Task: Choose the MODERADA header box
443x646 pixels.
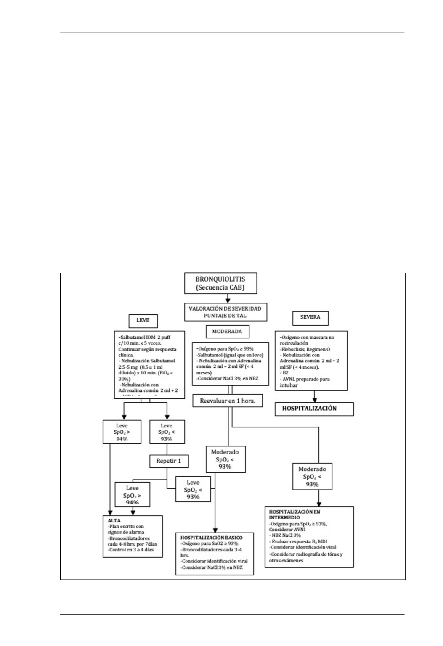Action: click(x=227, y=332)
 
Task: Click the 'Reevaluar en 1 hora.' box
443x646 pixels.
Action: click(x=228, y=401)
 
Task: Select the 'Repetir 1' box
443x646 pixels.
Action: click(x=168, y=461)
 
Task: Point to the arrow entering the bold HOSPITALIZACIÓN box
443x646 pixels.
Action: click(x=314, y=397)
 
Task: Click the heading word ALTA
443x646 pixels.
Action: click(x=114, y=520)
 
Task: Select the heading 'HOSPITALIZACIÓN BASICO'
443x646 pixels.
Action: click(x=211, y=537)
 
